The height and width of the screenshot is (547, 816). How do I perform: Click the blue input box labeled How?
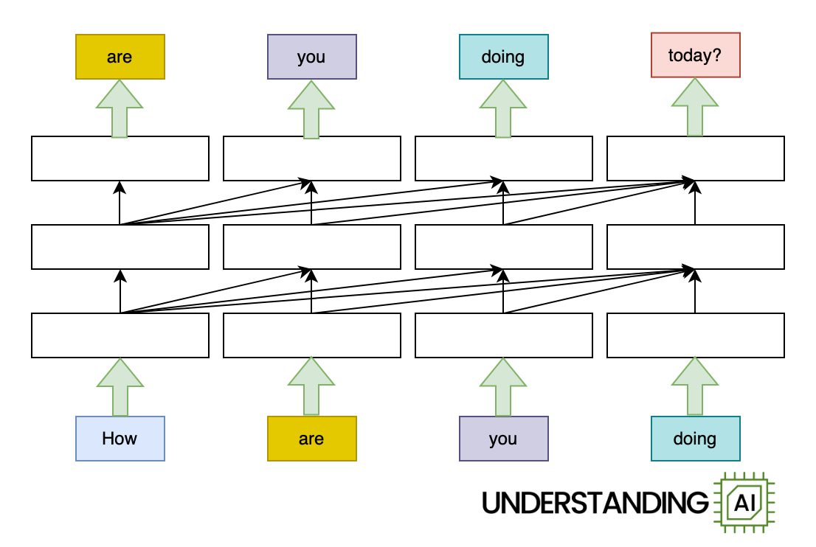point(120,439)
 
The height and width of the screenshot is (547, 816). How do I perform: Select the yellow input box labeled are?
point(311,439)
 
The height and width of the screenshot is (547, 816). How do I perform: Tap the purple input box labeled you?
point(503,439)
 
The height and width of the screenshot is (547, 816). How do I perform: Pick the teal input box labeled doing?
point(695,439)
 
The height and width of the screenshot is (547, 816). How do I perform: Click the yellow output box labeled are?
point(120,57)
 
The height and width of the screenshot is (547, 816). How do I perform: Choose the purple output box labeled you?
point(311,57)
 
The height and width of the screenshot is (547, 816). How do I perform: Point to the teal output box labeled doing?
point(503,57)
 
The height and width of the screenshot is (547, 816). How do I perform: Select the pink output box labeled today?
point(695,55)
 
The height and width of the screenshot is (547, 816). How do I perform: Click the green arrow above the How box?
point(120,388)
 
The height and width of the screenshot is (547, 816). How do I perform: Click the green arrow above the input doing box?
point(695,388)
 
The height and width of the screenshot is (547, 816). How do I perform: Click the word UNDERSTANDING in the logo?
point(595,503)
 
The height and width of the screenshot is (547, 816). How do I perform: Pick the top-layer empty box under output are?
point(120,158)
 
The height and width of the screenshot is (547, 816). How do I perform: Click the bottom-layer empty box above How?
point(120,335)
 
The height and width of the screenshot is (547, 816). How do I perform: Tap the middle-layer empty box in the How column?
point(120,247)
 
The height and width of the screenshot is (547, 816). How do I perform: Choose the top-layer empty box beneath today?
point(695,158)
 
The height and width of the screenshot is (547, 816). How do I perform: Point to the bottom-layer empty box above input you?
point(503,335)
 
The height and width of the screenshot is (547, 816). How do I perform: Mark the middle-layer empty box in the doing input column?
point(695,247)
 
